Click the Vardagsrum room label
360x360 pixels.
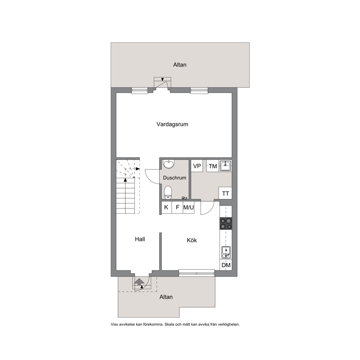point(172,124)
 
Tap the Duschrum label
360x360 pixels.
point(175,178)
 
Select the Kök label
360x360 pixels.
point(192,240)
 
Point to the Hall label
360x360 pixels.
point(140,239)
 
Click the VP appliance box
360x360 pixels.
point(197,166)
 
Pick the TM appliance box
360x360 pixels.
point(213,166)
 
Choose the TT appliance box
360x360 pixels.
point(225,193)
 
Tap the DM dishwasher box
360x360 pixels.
point(226,265)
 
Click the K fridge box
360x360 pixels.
point(166,207)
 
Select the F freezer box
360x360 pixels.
point(177,207)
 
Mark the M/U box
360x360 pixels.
point(188,207)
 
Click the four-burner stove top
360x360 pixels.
point(226,224)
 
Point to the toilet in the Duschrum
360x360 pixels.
point(168,192)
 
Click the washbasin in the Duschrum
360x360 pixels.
point(169,164)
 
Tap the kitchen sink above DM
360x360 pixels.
point(226,252)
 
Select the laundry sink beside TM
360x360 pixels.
point(225,166)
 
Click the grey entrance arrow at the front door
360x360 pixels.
point(139,282)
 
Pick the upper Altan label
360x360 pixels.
point(180,65)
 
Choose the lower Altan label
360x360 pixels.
point(166,297)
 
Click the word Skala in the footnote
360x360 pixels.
point(169,324)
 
